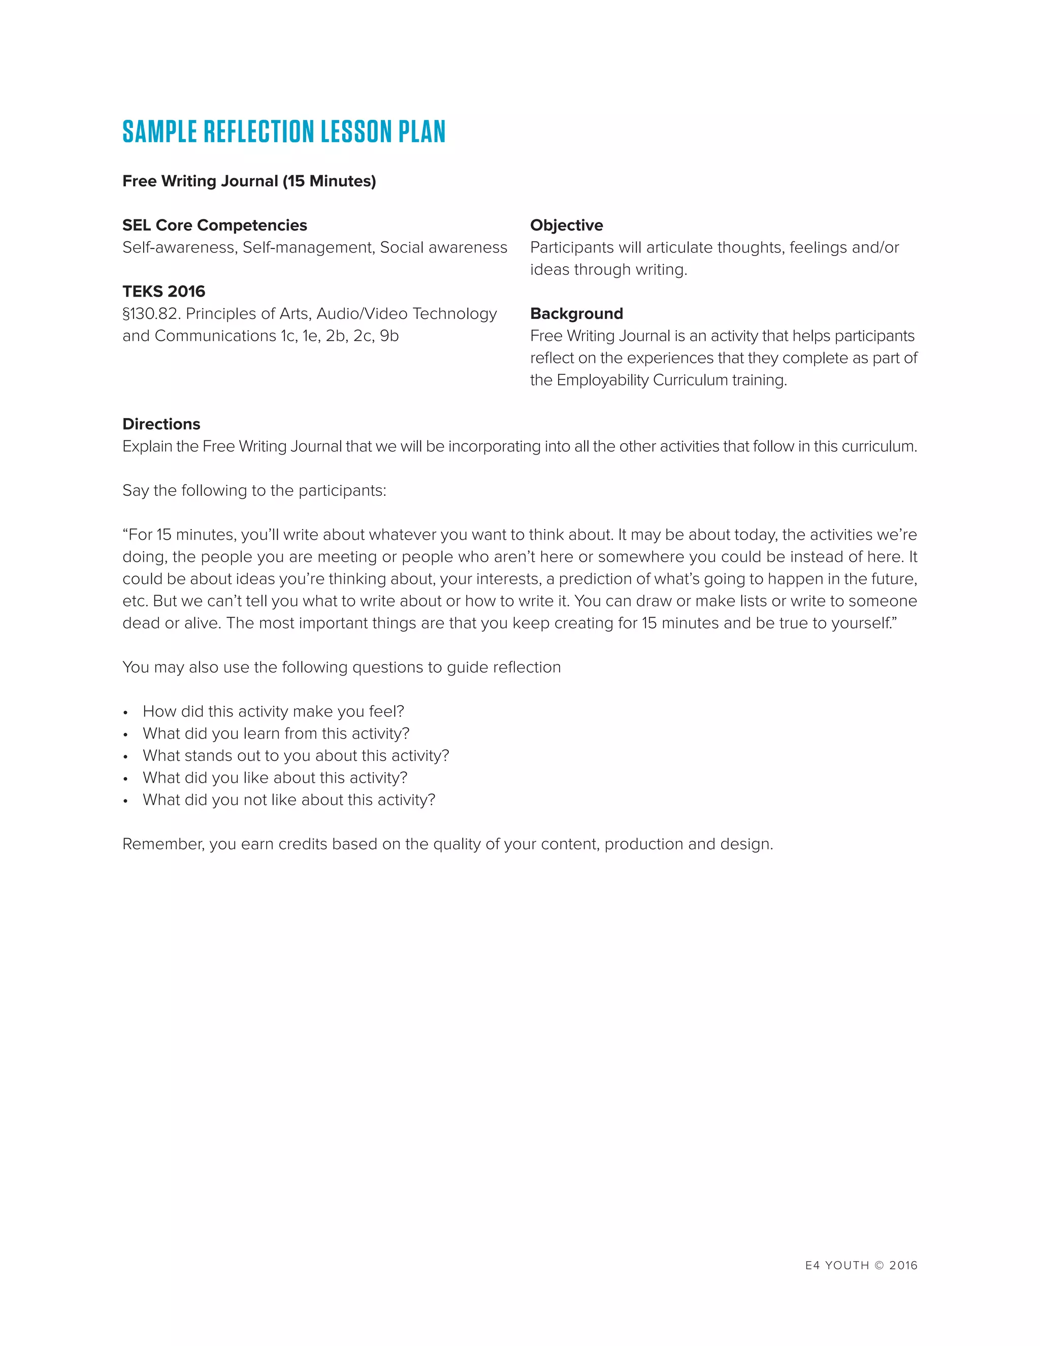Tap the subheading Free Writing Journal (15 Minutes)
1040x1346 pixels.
pyautogui.click(x=249, y=181)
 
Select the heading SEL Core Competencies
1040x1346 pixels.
pyautogui.click(x=214, y=226)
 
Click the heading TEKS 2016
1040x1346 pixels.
pyautogui.click(x=164, y=292)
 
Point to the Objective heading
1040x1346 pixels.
pyautogui.click(x=566, y=226)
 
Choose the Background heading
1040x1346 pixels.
pyautogui.click(x=576, y=314)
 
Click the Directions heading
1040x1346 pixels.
pyautogui.click(x=161, y=424)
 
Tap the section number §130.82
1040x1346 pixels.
pyautogui.click(x=151, y=314)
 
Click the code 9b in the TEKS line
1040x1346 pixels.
pyautogui.click(x=389, y=336)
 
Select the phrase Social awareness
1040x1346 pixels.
pyautogui.click(x=444, y=248)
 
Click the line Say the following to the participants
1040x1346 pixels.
pyautogui.click(x=254, y=491)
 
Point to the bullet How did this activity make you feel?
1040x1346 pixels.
pyautogui.click(x=273, y=712)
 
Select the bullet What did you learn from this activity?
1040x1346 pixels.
pyautogui.click(x=276, y=734)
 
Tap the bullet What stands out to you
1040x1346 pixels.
pyautogui.click(x=296, y=756)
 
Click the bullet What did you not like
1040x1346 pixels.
pyautogui.click(x=289, y=800)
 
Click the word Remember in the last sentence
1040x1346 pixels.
pyautogui.click(x=162, y=844)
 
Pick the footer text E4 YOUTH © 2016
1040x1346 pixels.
pyautogui.click(x=861, y=1266)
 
